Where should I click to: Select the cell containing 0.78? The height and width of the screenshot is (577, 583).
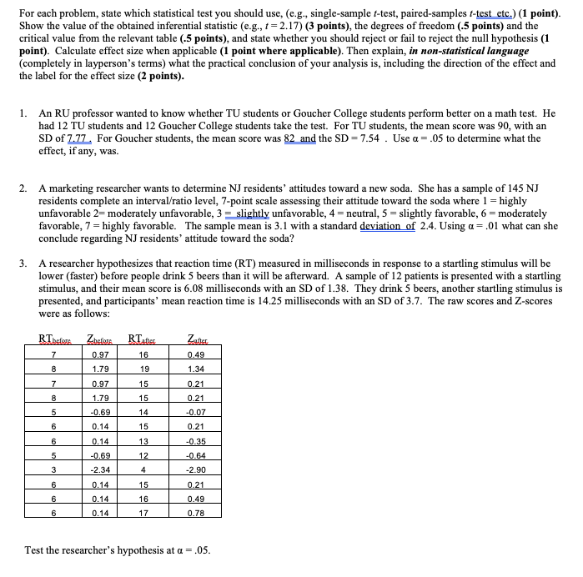(198, 513)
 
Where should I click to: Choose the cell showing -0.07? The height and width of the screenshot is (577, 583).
(198, 411)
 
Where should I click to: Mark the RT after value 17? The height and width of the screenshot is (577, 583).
(144, 513)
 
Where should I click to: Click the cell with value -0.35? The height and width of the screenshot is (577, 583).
(198, 440)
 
